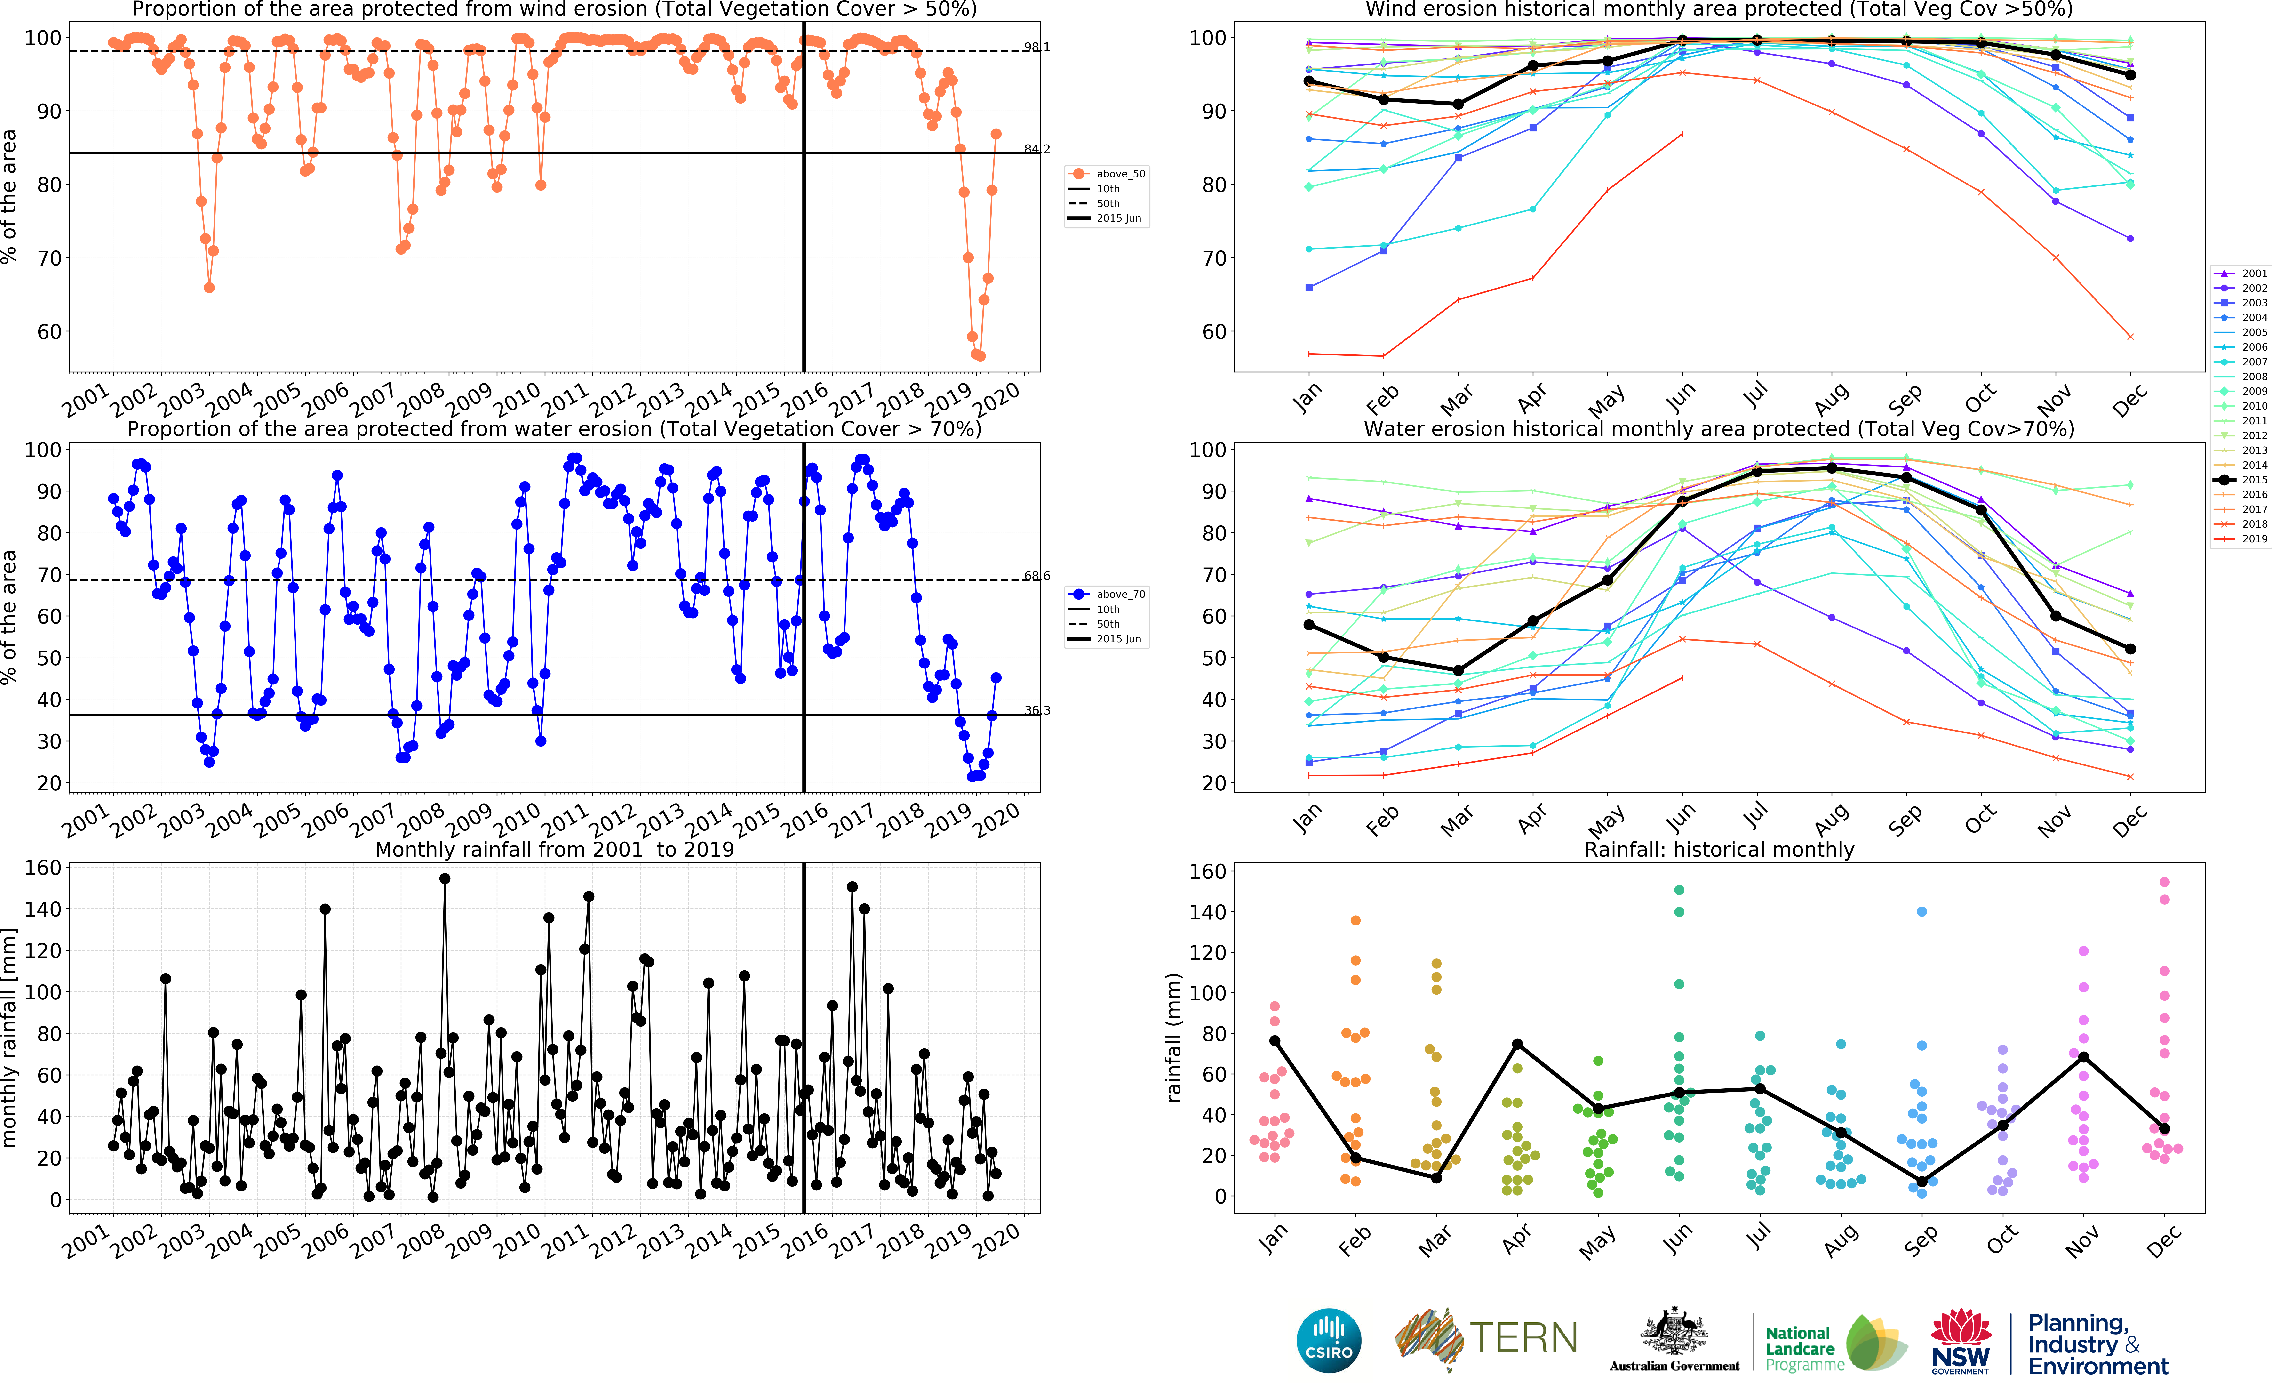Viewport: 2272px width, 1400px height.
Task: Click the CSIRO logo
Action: pyautogui.click(x=1329, y=1340)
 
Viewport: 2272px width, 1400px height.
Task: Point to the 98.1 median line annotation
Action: pyautogui.click(x=1036, y=47)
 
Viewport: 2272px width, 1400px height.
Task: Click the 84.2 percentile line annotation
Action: pyautogui.click(x=1036, y=149)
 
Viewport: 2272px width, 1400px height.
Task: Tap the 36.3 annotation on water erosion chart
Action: pyautogui.click(x=1036, y=710)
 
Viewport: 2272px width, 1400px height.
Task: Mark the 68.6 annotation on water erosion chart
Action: pyautogui.click(x=1036, y=576)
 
